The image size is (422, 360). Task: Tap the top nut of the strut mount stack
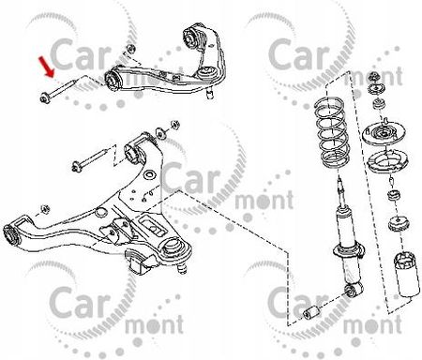(377, 76)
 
